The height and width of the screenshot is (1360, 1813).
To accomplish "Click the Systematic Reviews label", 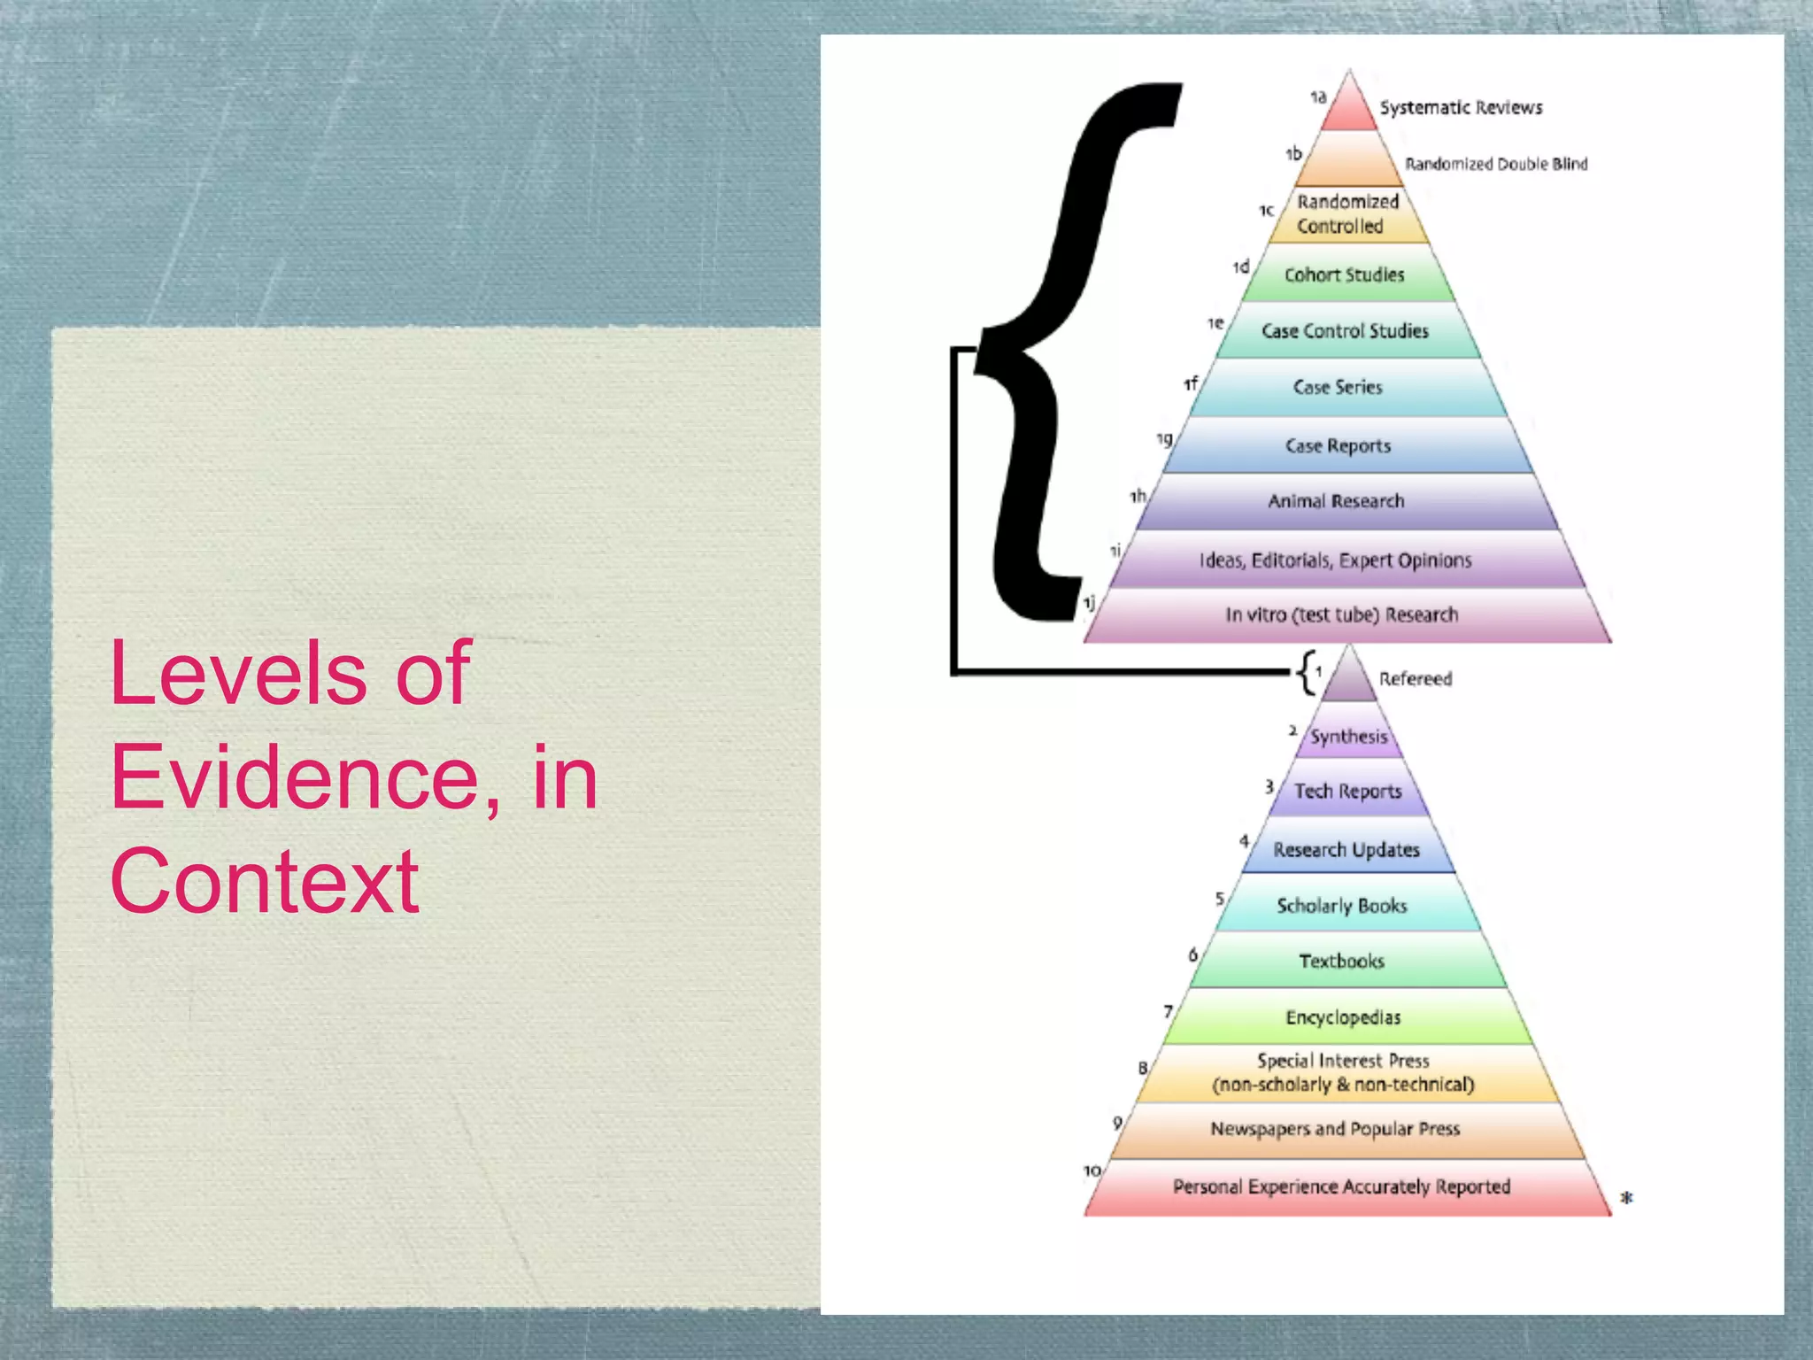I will (x=1461, y=108).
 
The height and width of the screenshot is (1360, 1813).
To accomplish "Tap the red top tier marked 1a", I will (x=1348, y=111).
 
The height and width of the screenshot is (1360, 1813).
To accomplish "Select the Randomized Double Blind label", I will (x=1496, y=164).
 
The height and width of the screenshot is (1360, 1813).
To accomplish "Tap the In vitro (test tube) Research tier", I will (x=1342, y=614).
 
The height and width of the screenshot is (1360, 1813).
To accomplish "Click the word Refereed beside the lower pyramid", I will (x=1416, y=679).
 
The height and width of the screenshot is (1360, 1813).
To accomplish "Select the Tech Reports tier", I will (x=1348, y=791).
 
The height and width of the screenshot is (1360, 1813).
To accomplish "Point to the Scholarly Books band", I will (x=1342, y=905).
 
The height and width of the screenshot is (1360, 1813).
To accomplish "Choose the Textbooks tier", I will (x=1342, y=961).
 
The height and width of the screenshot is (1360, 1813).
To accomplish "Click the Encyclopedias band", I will (x=1344, y=1017).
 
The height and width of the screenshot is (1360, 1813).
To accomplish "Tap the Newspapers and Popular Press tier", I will (x=1336, y=1129).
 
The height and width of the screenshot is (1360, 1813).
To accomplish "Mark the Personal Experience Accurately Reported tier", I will (x=1342, y=1186).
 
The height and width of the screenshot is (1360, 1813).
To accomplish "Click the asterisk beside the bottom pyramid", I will (x=1626, y=1198).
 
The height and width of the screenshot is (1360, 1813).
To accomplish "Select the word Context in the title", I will (x=265, y=881).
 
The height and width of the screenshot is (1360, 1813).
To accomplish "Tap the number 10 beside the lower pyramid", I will (x=1092, y=1171).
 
